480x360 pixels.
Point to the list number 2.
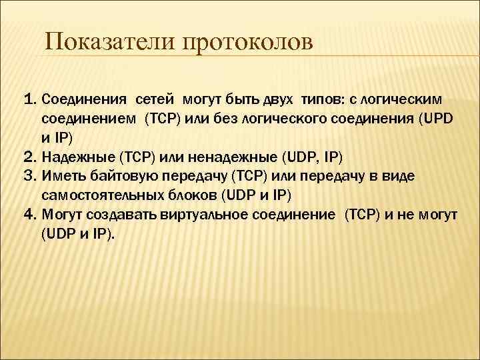point(29,157)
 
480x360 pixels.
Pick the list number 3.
point(29,177)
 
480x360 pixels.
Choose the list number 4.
point(29,215)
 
